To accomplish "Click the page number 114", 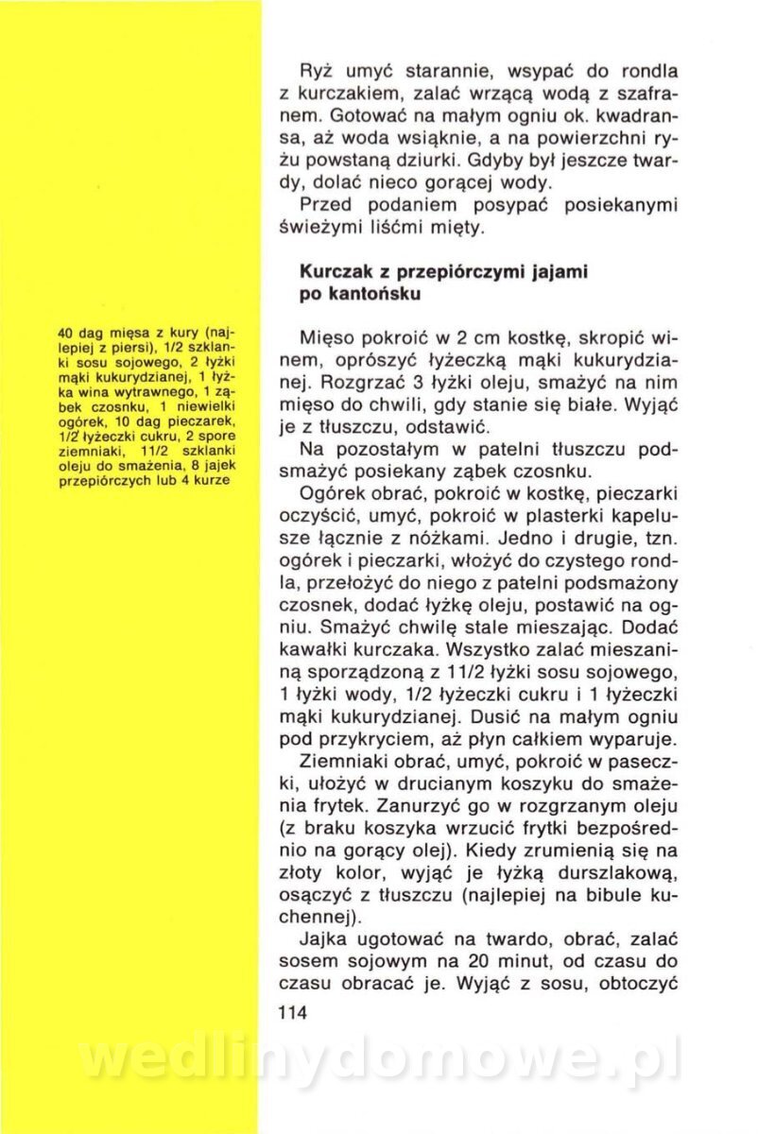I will (x=295, y=1012).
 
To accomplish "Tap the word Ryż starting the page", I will (x=317, y=72).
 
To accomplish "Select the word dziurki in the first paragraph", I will (x=453, y=158).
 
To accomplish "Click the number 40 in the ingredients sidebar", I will (x=65, y=334).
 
